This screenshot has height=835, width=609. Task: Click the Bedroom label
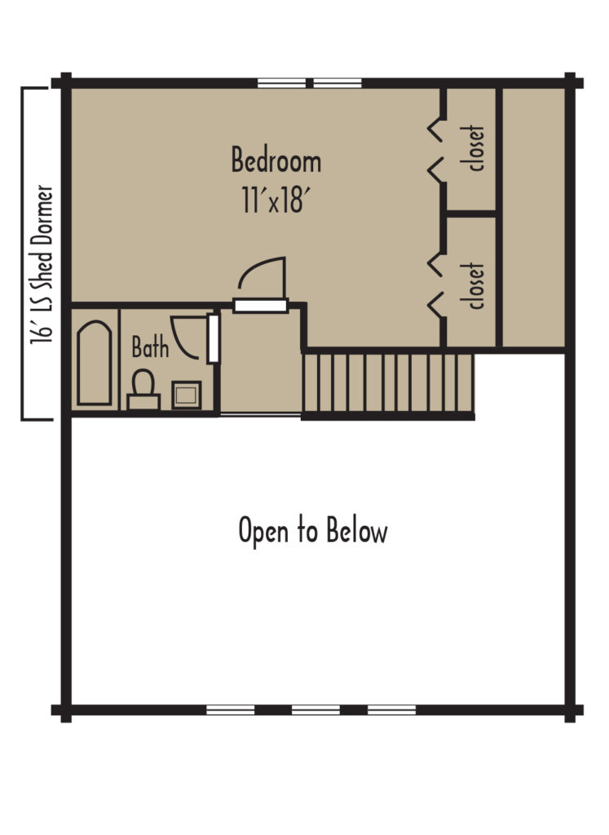tap(276, 161)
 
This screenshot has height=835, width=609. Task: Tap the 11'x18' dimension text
tap(276, 200)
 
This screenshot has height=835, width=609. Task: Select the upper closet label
tap(477, 148)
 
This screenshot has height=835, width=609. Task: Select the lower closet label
tap(477, 285)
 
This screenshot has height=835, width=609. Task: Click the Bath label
tap(151, 349)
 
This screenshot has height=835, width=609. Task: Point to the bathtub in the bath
tap(95, 362)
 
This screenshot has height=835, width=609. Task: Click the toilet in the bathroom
tap(144, 390)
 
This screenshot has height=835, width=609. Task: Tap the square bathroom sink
tap(187, 395)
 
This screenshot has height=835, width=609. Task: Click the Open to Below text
tap(313, 531)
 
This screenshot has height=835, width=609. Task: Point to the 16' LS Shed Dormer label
tap(41, 266)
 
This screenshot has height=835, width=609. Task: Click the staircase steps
tap(388, 382)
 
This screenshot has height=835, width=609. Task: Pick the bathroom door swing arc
tap(189, 338)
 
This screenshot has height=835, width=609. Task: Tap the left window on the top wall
tap(282, 82)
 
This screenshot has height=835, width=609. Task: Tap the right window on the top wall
tap(338, 82)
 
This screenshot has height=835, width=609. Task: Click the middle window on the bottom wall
tap(316, 709)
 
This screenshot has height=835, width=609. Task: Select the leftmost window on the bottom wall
tap(231, 709)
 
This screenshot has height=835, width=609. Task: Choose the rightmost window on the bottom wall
tap(391, 709)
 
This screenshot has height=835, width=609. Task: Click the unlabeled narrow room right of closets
tap(532, 217)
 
